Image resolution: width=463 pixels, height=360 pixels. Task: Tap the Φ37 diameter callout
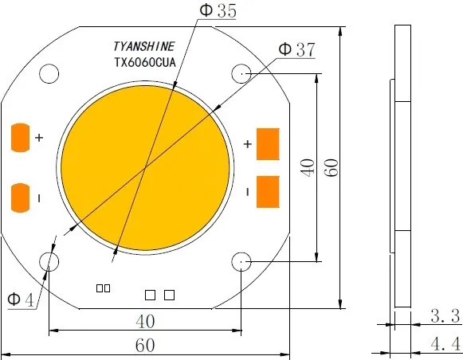tap(296, 49)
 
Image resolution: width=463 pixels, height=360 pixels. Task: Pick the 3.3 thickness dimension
tap(445, 316)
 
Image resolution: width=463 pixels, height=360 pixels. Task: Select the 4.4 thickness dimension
tap(445, 344)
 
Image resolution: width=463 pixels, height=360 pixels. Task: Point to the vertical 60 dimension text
tap(332, 168)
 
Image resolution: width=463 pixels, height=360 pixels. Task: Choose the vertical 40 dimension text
tap(306, 168)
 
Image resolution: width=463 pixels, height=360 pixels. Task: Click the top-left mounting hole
tap(49, 74)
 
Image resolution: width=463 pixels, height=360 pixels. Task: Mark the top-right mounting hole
tap(241, 74)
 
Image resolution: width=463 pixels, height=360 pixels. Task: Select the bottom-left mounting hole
tap(49, 262)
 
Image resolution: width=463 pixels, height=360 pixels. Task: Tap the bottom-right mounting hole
tap(241, 262)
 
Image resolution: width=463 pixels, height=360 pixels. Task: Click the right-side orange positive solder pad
tap(269, 143)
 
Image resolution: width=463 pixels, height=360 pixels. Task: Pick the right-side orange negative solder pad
tap(269, 191)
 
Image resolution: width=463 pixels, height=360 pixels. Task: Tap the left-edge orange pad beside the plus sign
tap(20, 138)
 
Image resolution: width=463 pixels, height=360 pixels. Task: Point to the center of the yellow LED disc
tap(146, 168)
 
